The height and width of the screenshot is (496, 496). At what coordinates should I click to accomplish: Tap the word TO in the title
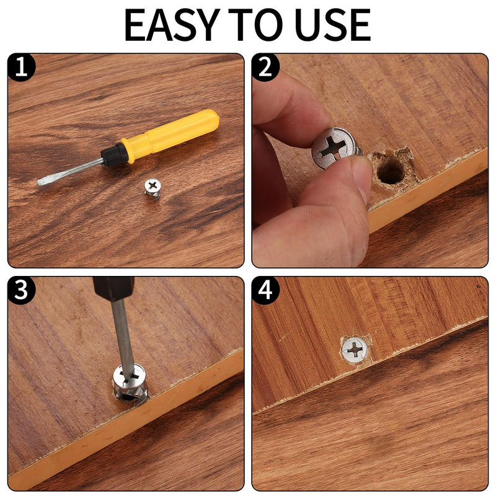click(256, 25)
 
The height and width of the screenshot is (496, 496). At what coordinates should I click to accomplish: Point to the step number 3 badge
click(22, 290)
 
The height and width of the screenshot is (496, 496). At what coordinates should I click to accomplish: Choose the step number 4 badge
click(265, 290)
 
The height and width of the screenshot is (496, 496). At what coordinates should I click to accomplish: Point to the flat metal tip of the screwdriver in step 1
click(47, 180)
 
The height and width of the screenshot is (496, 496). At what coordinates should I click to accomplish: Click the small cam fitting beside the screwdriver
click(152, 187)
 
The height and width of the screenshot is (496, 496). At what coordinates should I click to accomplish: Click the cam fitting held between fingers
click(335, 148)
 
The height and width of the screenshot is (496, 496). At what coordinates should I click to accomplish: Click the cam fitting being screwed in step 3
click(130, 381)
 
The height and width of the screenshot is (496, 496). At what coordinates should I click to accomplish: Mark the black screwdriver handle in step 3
click(113, 288)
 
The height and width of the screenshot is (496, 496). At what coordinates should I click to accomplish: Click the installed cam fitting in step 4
click(355, 350)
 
